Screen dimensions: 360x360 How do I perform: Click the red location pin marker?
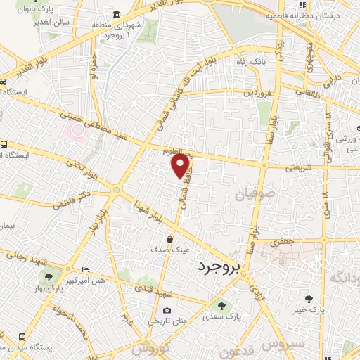181,165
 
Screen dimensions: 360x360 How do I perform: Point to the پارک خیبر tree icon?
307,299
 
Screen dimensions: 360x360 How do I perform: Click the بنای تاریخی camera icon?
167,310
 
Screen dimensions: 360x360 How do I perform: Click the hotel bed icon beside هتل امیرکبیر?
85,269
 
